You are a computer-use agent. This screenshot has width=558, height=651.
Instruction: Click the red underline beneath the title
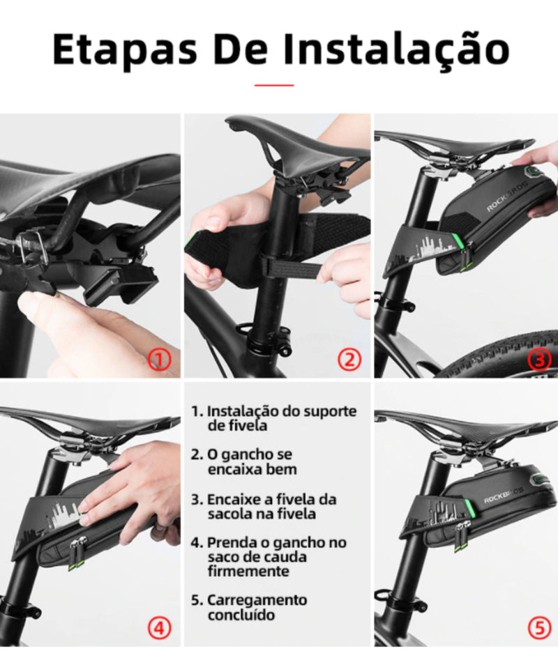pyautogui.click(x=274, y=85)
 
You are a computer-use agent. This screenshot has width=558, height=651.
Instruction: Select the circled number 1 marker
pyautogui.click(x=160, y=359)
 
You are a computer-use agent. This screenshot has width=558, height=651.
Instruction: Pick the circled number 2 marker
pyautogui.click(x=349, y=359)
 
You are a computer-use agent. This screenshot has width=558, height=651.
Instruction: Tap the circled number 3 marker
pyautogui.click(x=539, y=359)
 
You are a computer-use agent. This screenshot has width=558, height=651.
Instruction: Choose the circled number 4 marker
pyautogui.click(x=160, y=628)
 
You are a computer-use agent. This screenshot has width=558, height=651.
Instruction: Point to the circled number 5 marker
pyautogui.click(x=539, y=628)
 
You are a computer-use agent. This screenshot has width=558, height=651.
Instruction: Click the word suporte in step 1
pyautogui.click(x=331, y=412)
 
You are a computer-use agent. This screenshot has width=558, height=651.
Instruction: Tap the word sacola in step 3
pyautogui.click(x=229, y=514)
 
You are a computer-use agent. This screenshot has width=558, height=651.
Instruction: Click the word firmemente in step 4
pyautogui.click(x=248, y=572)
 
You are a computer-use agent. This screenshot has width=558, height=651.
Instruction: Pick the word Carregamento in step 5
pyautogui.click(x=257, y=601)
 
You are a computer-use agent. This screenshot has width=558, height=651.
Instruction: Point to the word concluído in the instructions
pyautogui.click(x=241, y=615)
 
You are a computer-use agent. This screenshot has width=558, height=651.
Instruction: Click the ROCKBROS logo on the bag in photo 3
pyautogui.click(x=506, y=197)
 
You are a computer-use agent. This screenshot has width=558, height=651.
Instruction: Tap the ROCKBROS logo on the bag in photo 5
pyautogui.click(x=504, y=496)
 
